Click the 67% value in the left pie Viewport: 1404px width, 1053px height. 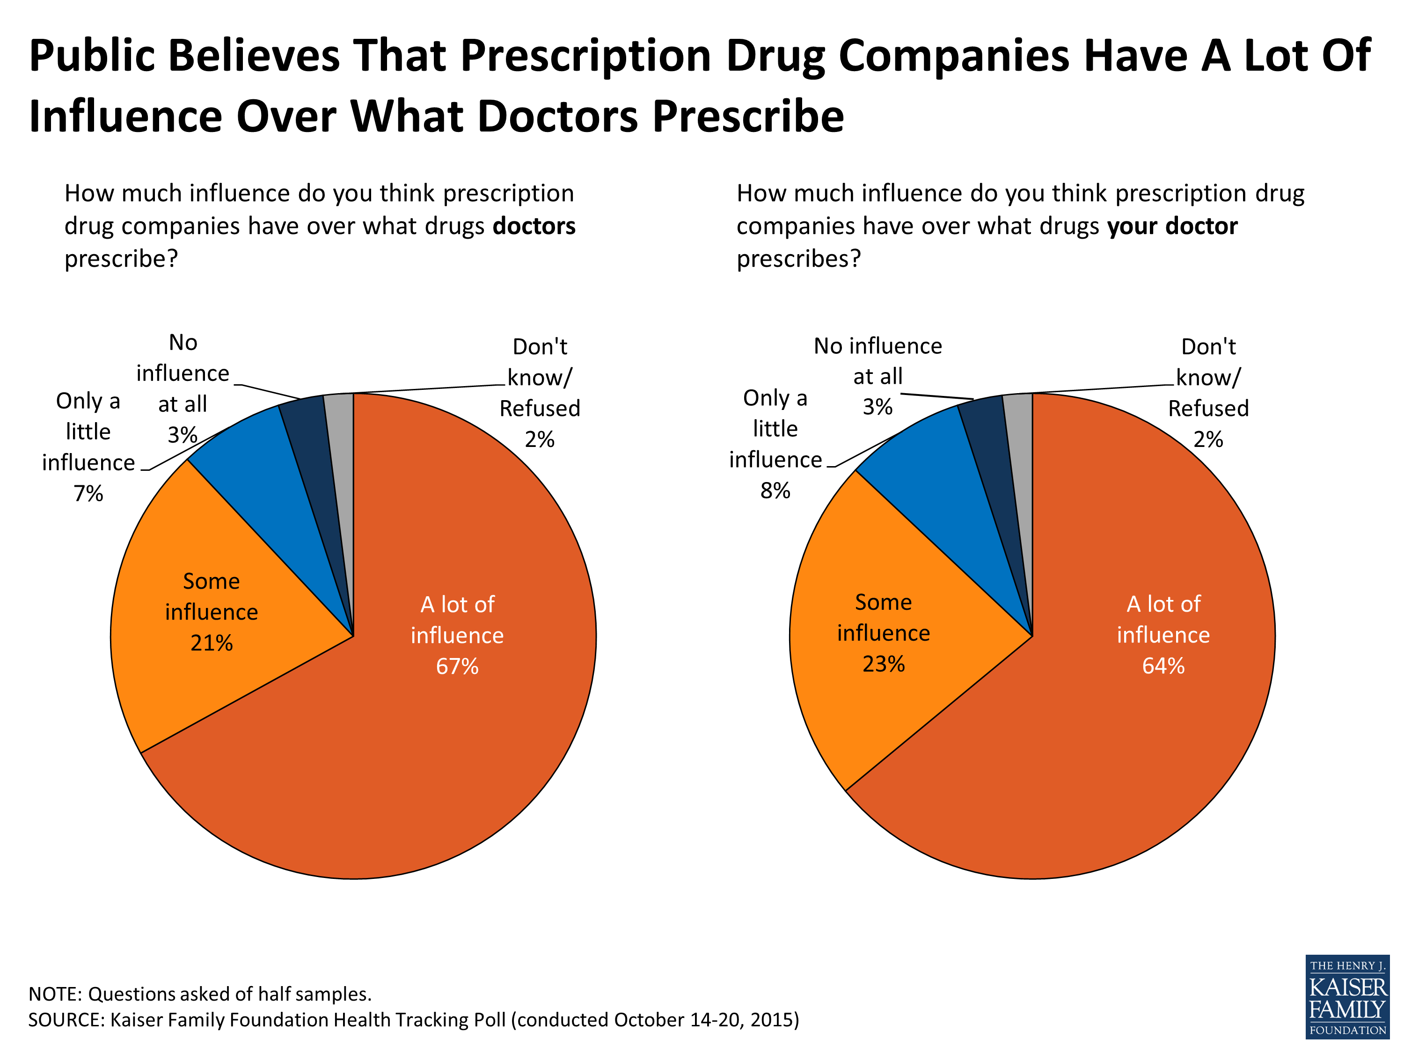click(x=457, y=666)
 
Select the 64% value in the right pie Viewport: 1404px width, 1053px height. click(x=1163, y=665)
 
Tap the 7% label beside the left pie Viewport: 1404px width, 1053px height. click(x=88, y=493)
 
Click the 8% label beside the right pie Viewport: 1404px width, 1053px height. click(x=775, y=490)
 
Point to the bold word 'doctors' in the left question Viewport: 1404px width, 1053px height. click(x=534, y=226)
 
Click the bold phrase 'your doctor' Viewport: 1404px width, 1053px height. click(x=1172, y=226)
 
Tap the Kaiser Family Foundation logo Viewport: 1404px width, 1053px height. click(x=1347, y=996)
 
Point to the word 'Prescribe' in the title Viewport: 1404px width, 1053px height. click(x=748, y=117)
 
